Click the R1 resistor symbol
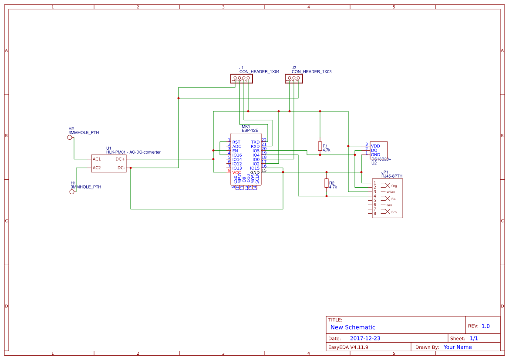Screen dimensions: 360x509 coord(320,146)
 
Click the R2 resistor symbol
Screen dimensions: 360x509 coord(327,183)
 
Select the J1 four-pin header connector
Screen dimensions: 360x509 coord(241,79)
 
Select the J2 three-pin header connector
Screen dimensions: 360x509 coord(293,79)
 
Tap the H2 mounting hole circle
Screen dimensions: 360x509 coord(70,138)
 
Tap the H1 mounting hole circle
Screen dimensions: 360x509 coord(72,192)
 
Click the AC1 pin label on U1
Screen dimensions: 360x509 coord(97,159)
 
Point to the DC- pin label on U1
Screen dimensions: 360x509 coord(121,168)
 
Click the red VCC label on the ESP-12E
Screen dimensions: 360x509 coord(236,173)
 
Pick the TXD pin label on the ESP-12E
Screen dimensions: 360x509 coord(255,142)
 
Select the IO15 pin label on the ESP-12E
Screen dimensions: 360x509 coord(255,168)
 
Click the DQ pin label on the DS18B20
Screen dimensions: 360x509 coord(374,150)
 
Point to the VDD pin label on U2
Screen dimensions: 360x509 coord(375,145)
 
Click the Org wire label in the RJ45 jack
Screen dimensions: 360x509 coord(394,186)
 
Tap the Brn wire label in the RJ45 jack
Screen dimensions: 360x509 coord(394,212)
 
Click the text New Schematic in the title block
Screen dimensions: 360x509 coord(353,327)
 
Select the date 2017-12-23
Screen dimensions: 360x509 coord(365,338)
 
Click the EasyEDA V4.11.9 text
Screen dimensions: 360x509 coord(348,347)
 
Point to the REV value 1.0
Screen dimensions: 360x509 coord(485,326)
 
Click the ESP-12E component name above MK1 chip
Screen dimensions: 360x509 coord(250,130)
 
